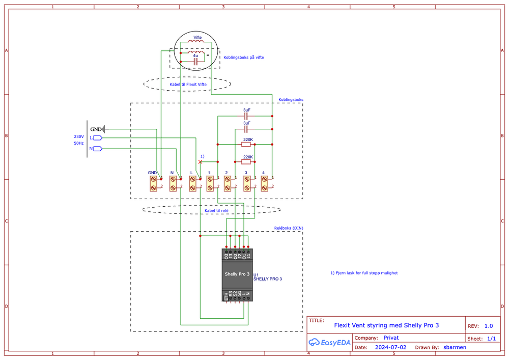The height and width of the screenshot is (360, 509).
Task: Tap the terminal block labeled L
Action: [x=193, y=183]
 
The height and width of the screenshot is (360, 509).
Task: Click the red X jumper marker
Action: [x=200, y=161]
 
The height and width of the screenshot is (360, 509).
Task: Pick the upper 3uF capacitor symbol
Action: [x=246, y=116]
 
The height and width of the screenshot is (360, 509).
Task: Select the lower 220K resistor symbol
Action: [x=248, y=162]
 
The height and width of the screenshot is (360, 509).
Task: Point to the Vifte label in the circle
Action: [x=197, y=38]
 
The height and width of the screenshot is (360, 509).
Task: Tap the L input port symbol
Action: [x=98, y=137]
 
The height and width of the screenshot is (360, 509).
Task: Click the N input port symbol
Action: [x=98, y=149]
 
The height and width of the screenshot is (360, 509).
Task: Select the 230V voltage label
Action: [x=79, y=136]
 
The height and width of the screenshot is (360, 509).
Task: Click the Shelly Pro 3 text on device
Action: [x=237, y=274]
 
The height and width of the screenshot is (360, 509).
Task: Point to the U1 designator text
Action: [x=256, y=274]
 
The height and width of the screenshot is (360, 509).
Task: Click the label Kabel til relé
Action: [x=216, y=210]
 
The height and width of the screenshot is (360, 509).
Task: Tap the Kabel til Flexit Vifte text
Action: [x=188, y=84]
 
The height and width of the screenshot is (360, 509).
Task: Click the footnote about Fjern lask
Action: [x=364, y=273]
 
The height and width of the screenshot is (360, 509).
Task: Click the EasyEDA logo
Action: [x=330, y=343]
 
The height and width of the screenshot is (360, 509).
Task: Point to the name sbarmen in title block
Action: [x=454, y=347]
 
